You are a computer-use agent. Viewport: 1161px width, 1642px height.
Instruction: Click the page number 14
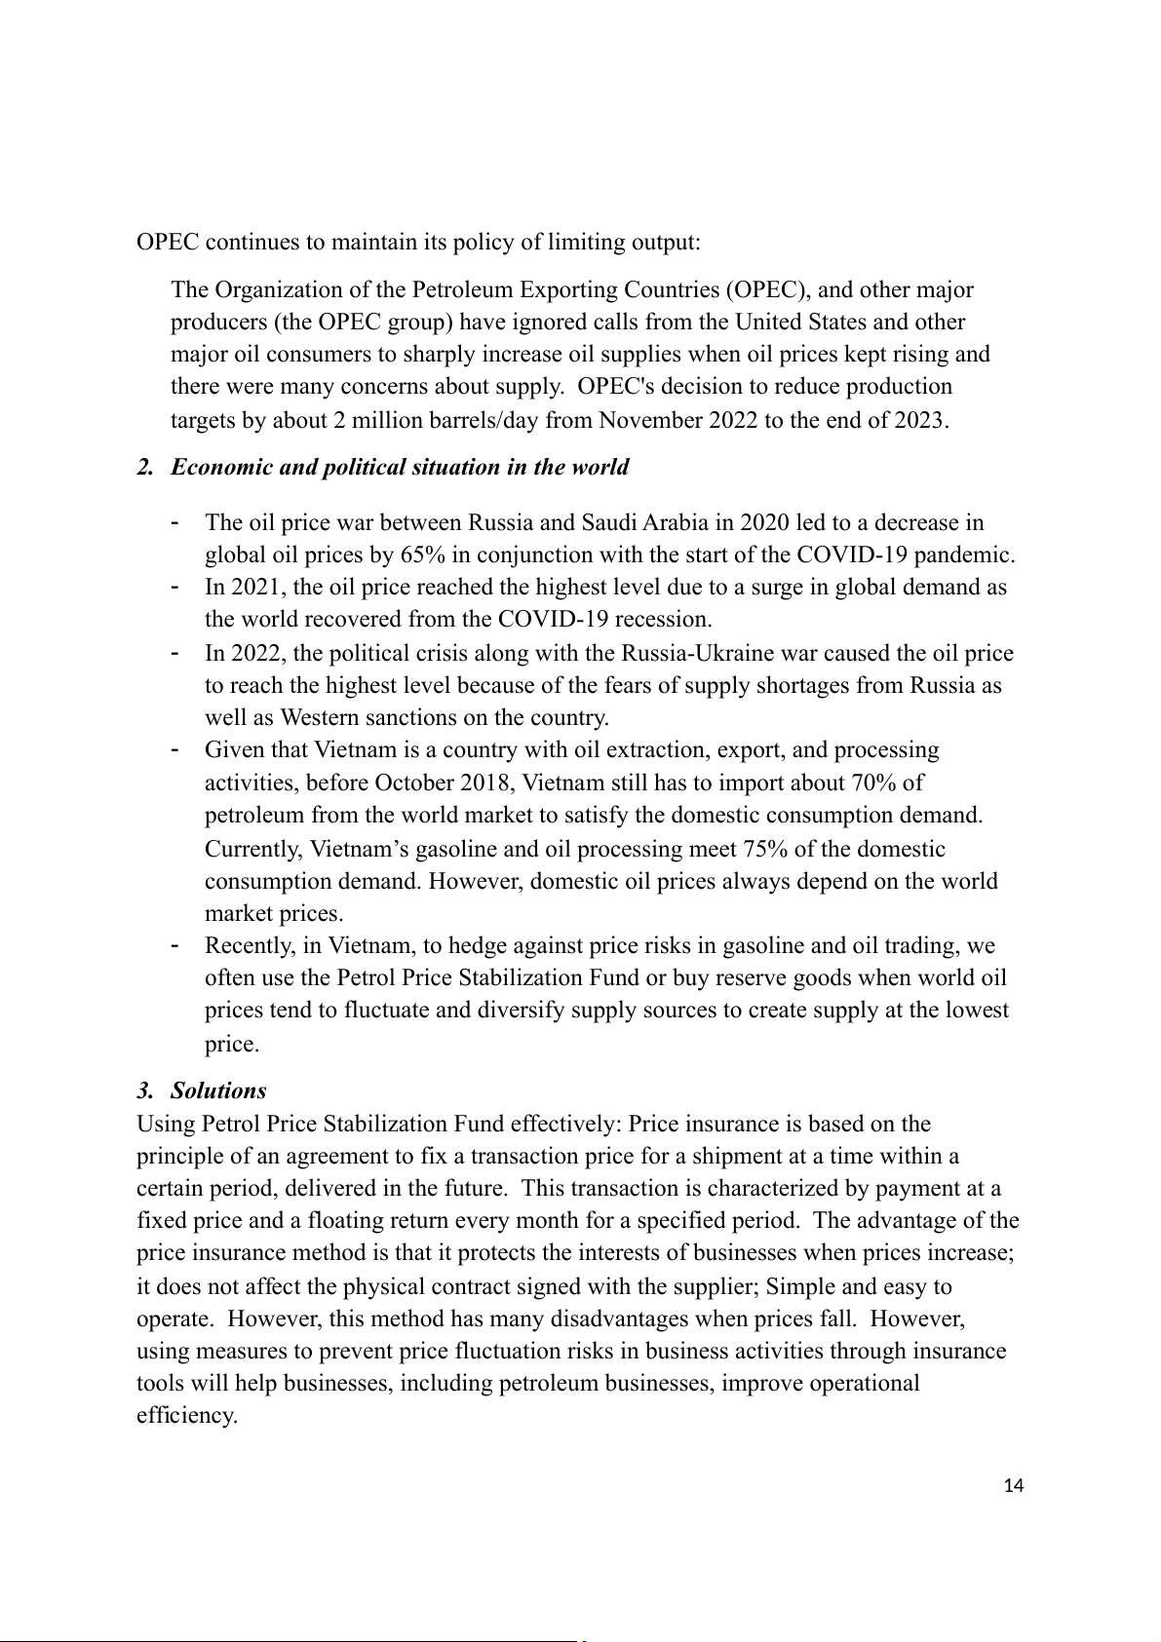tap(1013, 1486)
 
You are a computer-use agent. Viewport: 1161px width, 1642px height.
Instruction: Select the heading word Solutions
tap(218, 1090)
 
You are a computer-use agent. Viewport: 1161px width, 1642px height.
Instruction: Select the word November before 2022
tap(649, 421)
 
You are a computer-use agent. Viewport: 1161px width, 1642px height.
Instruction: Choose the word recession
tap(664, 620)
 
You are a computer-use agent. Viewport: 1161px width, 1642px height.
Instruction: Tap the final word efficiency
tap(186, 1416)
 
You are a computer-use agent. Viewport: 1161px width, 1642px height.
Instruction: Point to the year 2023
tap(920, 421)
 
